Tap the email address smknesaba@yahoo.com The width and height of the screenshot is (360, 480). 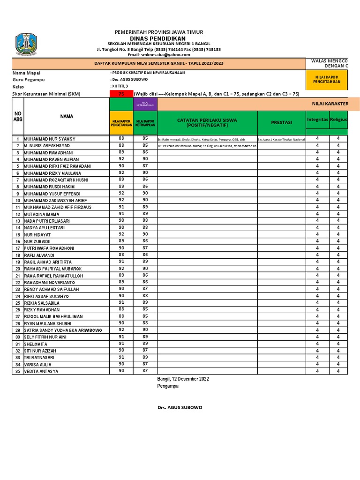pos(159,55)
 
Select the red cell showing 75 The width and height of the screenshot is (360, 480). pos(121,94)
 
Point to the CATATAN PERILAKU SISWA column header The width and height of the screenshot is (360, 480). pos(207,123)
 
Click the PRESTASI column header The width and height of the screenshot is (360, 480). pos(281,122)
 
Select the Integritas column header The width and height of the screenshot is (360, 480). pos(317,120)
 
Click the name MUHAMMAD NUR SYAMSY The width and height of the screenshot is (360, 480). pos(49,139)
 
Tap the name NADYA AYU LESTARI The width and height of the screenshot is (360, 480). pos(44,227)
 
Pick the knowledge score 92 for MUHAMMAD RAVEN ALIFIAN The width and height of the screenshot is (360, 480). pos(121,159)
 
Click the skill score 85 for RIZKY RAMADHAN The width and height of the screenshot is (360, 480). pos(145,309)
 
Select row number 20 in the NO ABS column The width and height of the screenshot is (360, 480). pos(17,269)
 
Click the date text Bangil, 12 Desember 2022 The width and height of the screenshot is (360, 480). pos(183,378)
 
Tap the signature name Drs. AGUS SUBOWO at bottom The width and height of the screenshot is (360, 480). pos(180,408)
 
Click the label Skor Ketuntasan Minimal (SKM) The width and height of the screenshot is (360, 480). pos(46,94)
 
